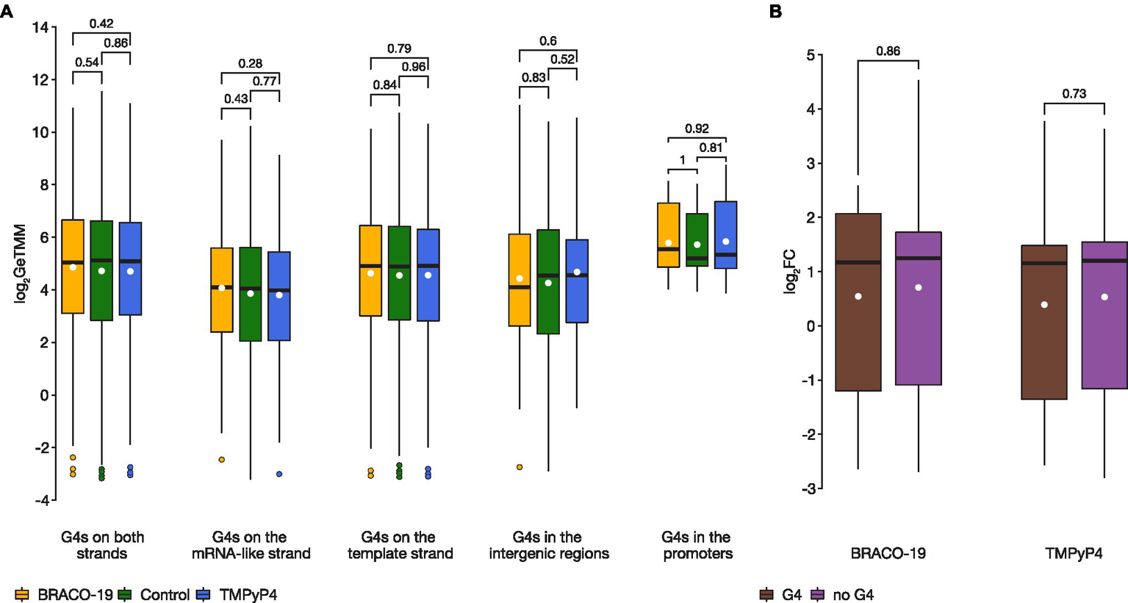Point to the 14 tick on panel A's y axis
pos(40,28)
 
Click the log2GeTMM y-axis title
pos(20,264)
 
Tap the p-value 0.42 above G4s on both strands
pos(101,24)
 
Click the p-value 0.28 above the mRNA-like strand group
pos(250,64)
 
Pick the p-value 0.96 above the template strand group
pos(414,67)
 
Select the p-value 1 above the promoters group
pos(682,160)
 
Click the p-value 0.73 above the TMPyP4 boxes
pos(1074,93)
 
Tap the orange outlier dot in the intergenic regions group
pos(520,467)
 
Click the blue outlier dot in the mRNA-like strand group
pos(279,474)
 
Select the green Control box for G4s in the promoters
pos(697,239)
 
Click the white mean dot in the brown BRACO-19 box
pos(858,297)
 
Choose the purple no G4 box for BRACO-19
pos(919,308)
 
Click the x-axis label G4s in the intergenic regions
pos(548,545)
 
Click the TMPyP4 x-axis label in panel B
pos(1074,553)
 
